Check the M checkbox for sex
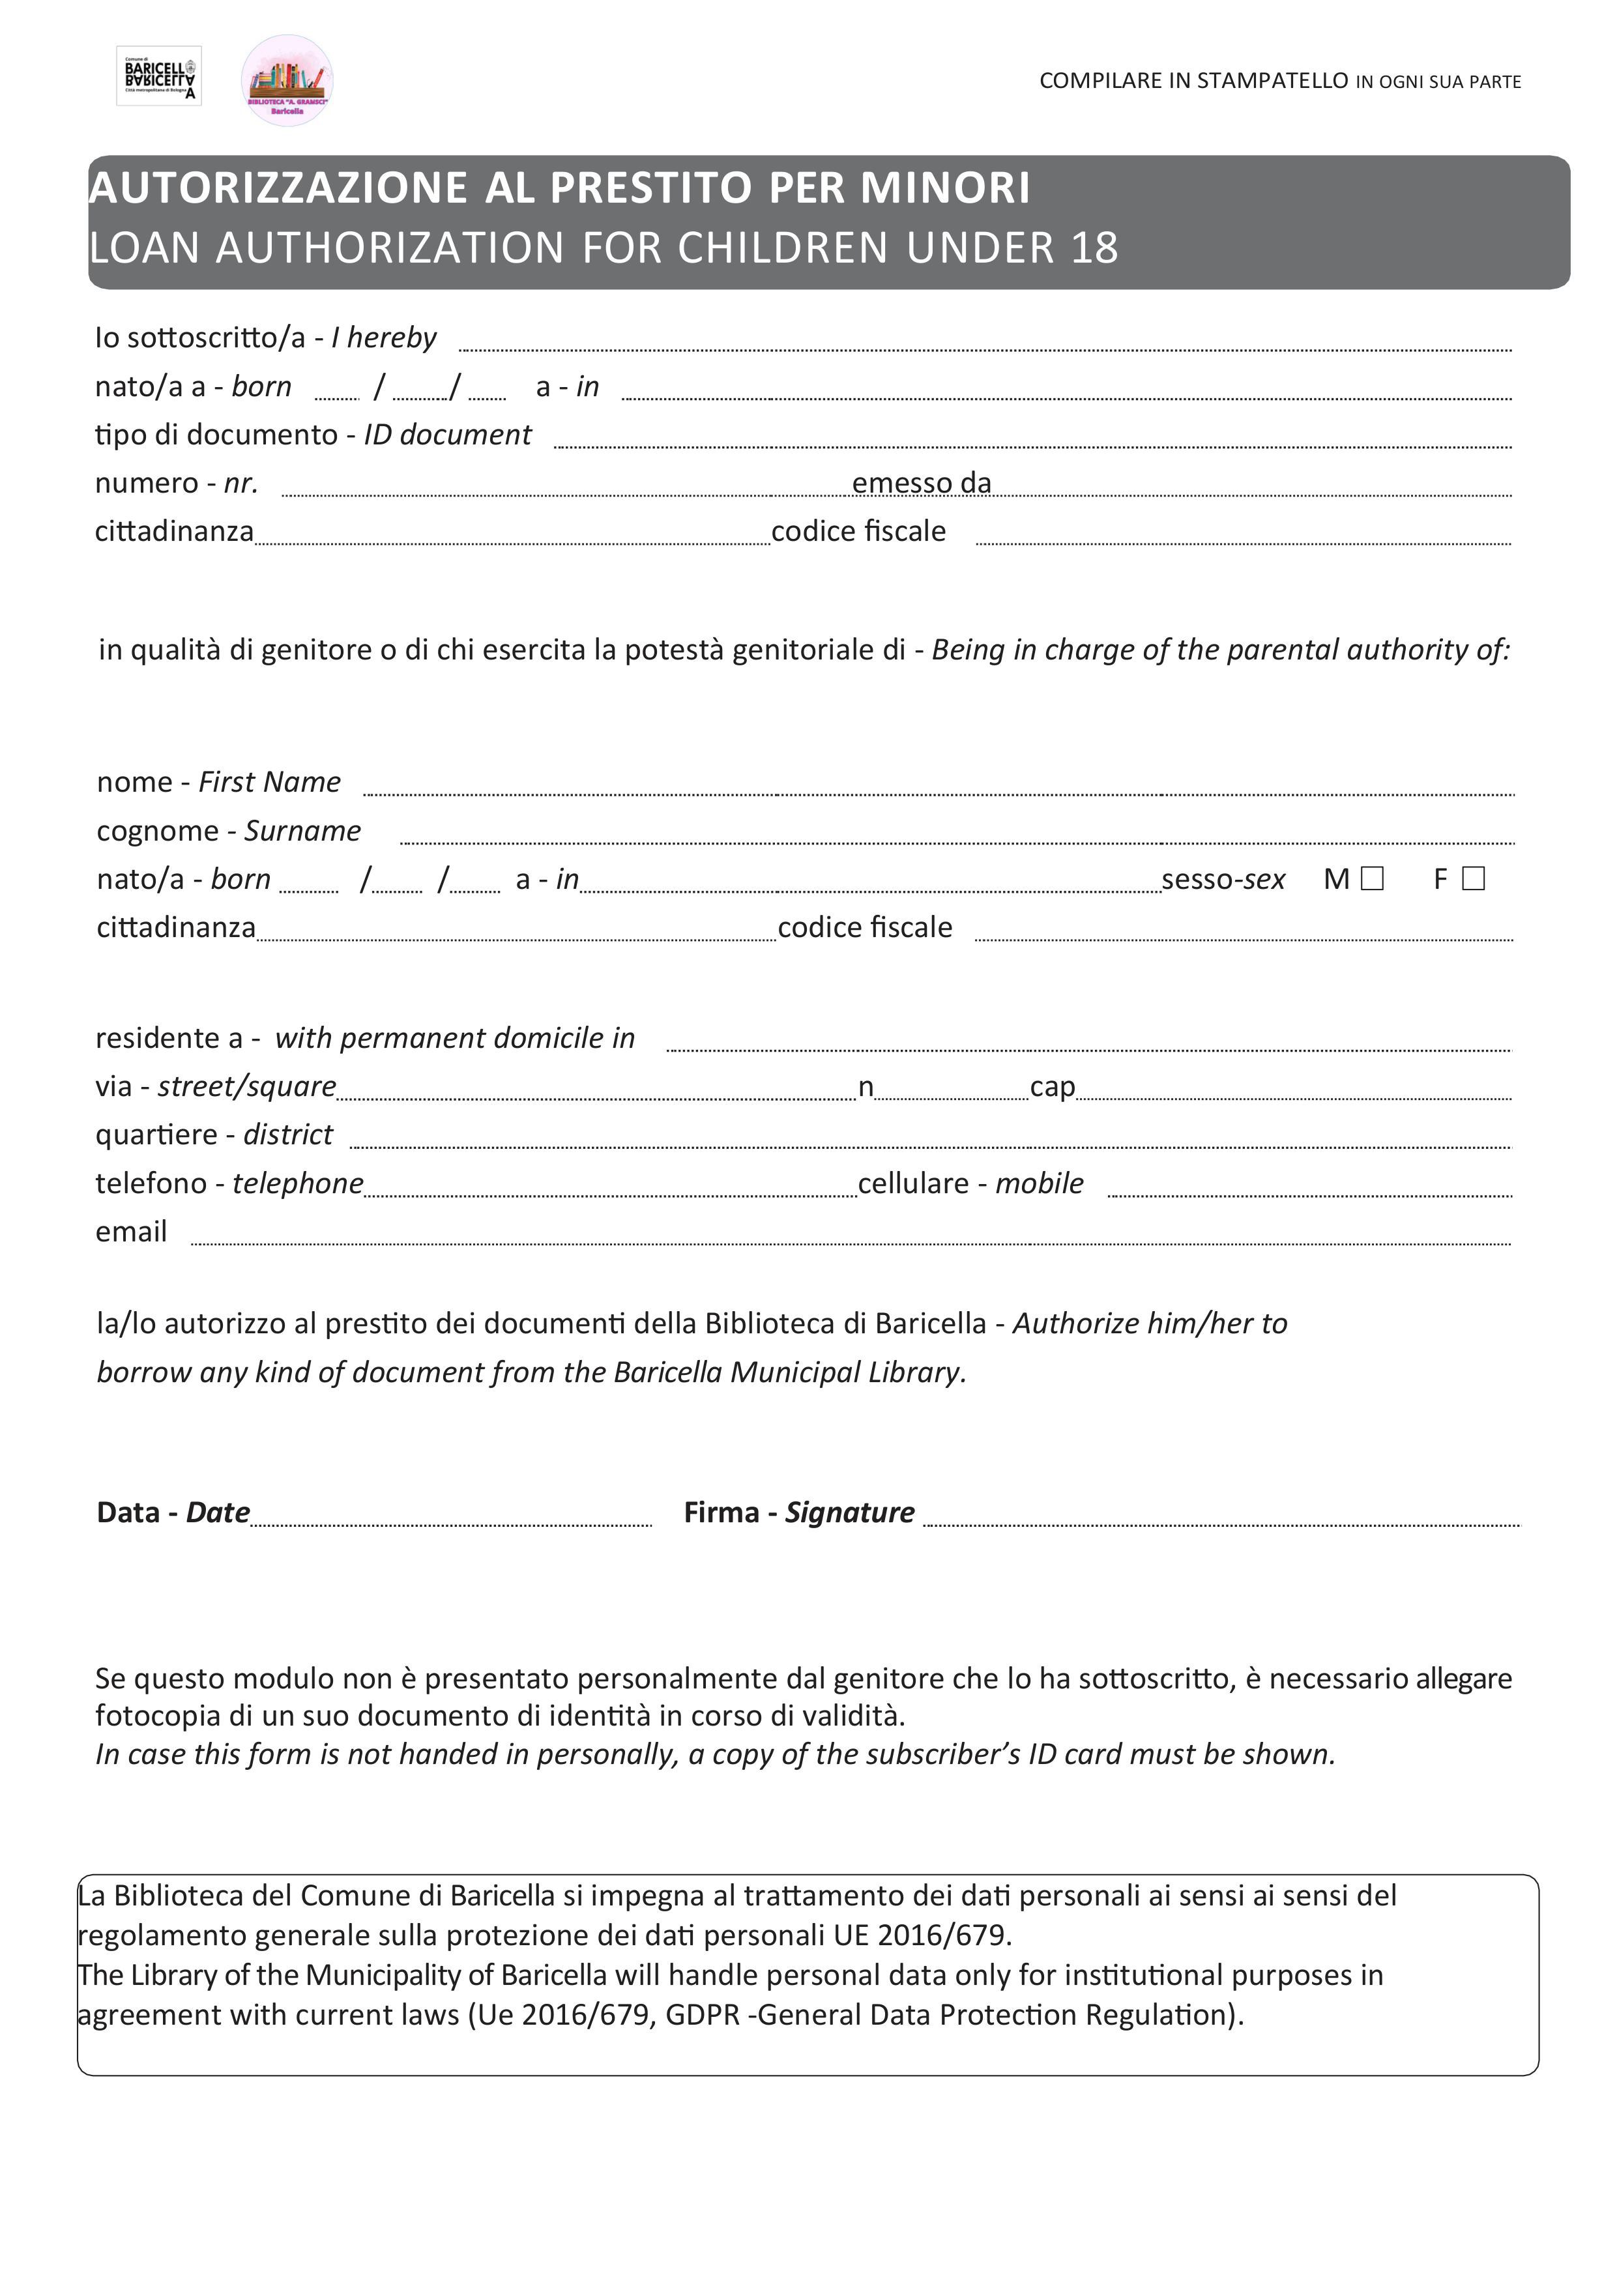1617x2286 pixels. tap(1372, 878)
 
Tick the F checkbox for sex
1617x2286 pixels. tap(1474, 878)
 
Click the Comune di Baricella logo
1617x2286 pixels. tap(159, 76)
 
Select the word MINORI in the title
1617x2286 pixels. tap(945, 188)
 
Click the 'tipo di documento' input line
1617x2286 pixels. tap(1032, 439)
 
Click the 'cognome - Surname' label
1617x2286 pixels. tap(228, 830)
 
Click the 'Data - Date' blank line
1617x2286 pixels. tap(450, 1516)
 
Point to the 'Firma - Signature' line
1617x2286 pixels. tap(1221, 1516)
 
